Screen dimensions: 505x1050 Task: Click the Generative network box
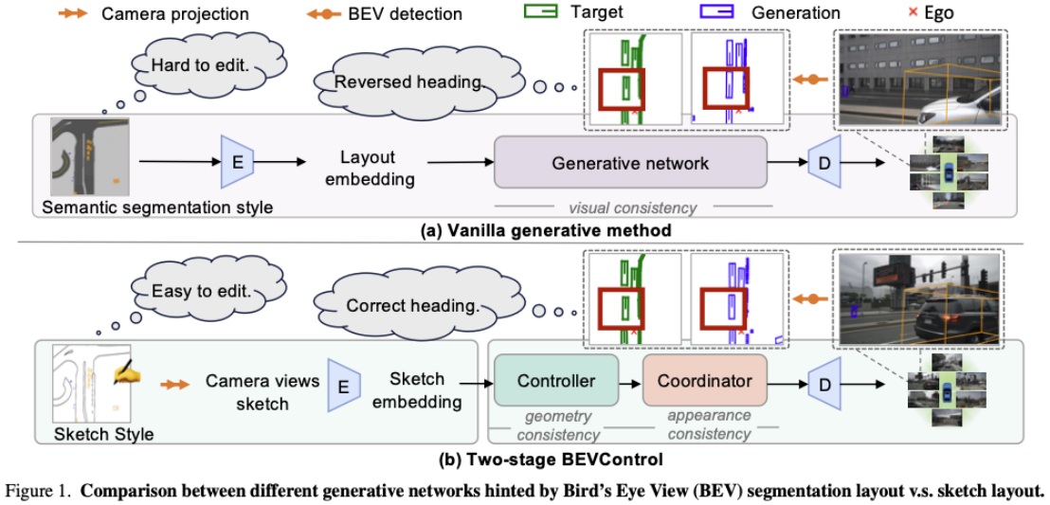tap(630, 163)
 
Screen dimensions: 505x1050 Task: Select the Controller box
tap(556, 381)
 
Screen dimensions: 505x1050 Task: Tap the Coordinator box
tap(703, 381)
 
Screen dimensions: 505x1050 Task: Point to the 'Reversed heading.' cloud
tap(408, 82)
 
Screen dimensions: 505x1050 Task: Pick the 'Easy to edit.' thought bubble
tap(201, 291)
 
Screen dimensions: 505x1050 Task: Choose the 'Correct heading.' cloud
tap(411, 305)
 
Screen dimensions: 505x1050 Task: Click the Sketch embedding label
tap(417, 389)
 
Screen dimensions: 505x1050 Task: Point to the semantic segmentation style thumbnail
tap(91, 157)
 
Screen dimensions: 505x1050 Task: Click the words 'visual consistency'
tap(632, 207)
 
